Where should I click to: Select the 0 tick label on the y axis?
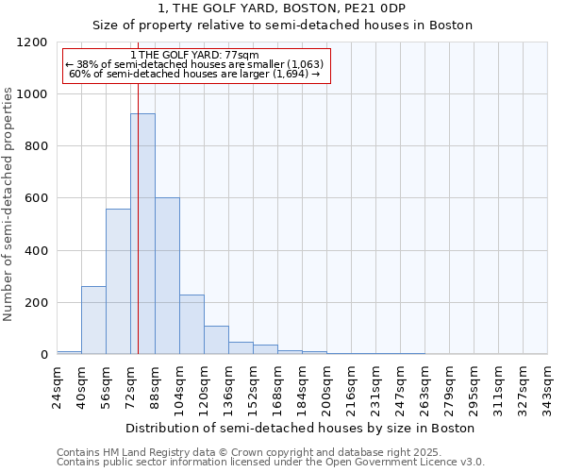[x=43, y=355]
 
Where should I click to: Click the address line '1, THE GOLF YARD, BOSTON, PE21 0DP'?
[x=282, y=8]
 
